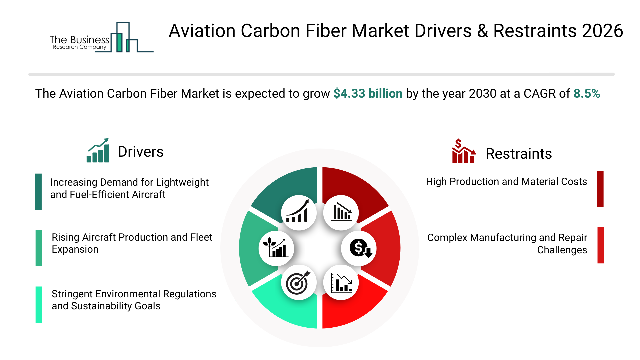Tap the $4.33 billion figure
tap(368, 94)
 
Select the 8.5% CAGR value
tap(586, 94)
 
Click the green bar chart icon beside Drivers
tap(98, 151)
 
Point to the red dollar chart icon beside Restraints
tap(463, 151)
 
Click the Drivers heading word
tap(141, 152)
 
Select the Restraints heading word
tap(518, 154)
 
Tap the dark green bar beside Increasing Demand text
tap(39, 192)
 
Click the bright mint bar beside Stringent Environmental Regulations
tap(39, 304)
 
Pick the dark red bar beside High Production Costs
tap(600, 189)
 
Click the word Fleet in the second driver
tap(201, 237)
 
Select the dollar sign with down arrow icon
tap(359, 248)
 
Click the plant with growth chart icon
tap(276, 248)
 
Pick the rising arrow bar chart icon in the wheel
tap(298, 213)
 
